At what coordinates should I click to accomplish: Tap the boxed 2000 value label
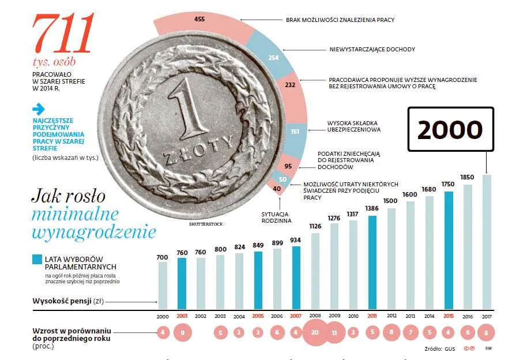click(450, 130)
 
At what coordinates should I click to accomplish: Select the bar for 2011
click(372, 262)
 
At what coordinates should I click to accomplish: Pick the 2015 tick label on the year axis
click(449, 316)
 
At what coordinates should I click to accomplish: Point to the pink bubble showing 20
click(315, 333)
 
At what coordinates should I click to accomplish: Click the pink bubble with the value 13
click(334, 333)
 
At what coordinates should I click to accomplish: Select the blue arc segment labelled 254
click(273, 57)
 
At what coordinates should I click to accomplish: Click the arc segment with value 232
click(289, 85)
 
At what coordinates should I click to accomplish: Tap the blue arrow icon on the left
click(39, 108)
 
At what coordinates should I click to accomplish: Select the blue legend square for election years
click(37, 259)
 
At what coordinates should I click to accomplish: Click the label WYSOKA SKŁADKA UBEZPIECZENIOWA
click(353, 126)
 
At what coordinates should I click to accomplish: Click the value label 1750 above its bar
click(449, 184)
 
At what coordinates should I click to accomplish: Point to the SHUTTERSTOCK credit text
click(205, 224)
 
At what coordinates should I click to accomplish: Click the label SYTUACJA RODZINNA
click(276, 217)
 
